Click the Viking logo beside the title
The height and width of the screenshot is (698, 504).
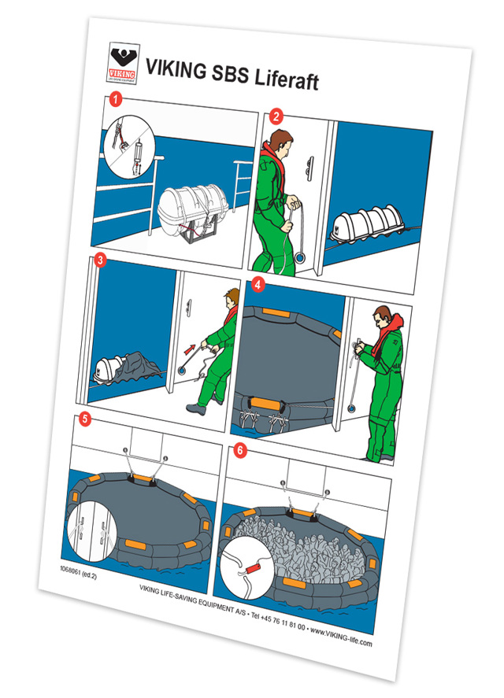(x=123, y=63)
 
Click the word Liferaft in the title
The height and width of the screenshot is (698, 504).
(x=287, y=79)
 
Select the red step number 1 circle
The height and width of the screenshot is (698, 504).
(x=117, y=99)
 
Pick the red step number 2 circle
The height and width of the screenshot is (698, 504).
(x=276, y=117)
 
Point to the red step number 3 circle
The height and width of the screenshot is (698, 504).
(x=100, y=260)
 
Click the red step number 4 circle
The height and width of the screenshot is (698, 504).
(x=258, y=285)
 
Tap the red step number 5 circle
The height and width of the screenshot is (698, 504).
(x=84, y=419)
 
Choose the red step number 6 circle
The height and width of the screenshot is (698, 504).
(x=240, y=450)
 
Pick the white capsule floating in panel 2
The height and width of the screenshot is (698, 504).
(x=368, y=223)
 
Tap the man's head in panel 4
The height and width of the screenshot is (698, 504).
(x=384, y=316)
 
